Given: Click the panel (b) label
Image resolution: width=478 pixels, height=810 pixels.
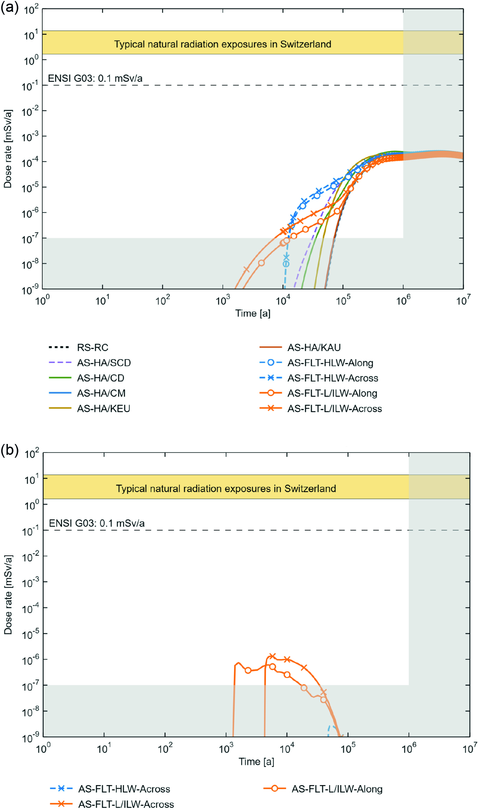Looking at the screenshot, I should pyautogui.click(x=10, y=450).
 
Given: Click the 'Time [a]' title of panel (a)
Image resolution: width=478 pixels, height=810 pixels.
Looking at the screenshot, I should pyautogui.click(x=253, y=313).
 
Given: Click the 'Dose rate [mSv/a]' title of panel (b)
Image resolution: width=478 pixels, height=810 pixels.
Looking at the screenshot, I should pyautogui.click(x=8, y=595).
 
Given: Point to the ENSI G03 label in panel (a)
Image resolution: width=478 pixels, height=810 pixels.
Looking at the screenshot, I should pyautogui.click(x=95, y=78).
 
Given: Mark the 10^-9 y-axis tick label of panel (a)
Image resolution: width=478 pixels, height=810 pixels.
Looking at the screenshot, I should pyautogui.click(x=30, y=290).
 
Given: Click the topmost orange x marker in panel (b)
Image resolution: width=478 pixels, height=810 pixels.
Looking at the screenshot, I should pyautogui.click(x=272, y=656).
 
